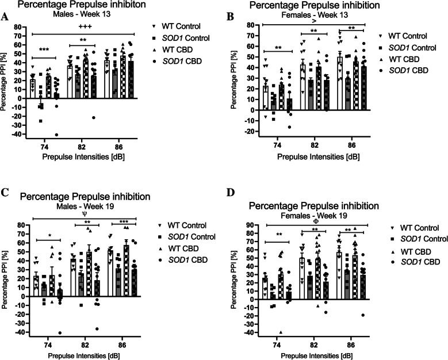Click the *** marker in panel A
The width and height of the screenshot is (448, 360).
point(43,51)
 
